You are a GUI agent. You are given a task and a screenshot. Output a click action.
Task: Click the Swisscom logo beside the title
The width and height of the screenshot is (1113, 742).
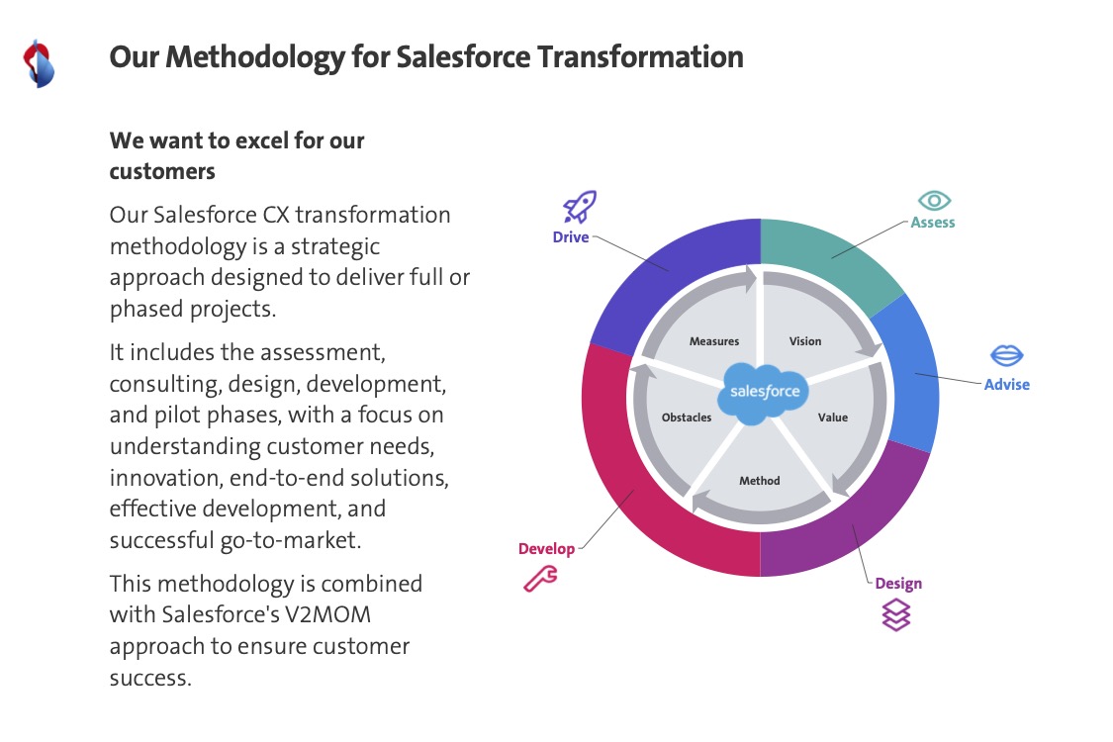(x=39, y=64)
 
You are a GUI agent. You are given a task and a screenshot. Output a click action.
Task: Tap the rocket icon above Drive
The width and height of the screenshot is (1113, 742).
(x=579, y=207)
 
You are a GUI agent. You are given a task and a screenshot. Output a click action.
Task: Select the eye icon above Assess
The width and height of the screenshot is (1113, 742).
(x=934, y=201)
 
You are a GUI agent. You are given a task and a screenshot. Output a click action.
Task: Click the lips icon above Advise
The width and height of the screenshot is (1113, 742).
(x=1006, y=355)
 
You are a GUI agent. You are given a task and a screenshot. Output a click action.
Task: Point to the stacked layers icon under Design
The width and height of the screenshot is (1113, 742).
(x=895, y=615)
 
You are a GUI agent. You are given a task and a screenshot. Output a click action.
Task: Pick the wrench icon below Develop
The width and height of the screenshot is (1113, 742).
(x=540, y=579)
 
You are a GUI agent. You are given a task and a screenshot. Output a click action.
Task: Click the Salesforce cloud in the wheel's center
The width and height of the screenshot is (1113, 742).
(x=763, y=393)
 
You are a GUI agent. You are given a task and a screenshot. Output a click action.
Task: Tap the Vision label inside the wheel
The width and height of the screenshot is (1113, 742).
(x=805, y=341)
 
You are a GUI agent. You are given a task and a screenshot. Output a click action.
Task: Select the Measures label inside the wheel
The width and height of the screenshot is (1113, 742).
(x=714, y=341)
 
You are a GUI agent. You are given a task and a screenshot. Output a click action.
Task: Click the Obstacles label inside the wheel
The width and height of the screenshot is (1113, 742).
(x=687, y=417)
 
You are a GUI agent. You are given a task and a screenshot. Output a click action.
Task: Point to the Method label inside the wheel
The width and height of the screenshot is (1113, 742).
(x=760, y=481)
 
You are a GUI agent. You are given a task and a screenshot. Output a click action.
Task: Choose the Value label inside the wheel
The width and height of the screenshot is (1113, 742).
(x=833, y=417)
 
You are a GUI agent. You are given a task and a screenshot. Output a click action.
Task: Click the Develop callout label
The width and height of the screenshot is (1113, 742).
(x=546, y=549)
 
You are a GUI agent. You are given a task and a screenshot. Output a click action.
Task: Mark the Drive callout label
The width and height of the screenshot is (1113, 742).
(x=571, y=237)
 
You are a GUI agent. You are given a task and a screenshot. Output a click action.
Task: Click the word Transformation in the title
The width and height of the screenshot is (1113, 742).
(x=640, y=56)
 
